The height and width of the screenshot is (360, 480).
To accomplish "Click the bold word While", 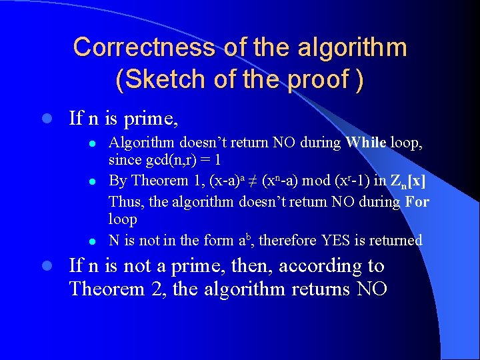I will tap(365, 142).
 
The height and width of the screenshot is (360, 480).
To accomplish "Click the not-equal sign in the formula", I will tap(254, 181).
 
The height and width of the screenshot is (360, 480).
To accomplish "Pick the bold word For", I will tap(417, 201).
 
